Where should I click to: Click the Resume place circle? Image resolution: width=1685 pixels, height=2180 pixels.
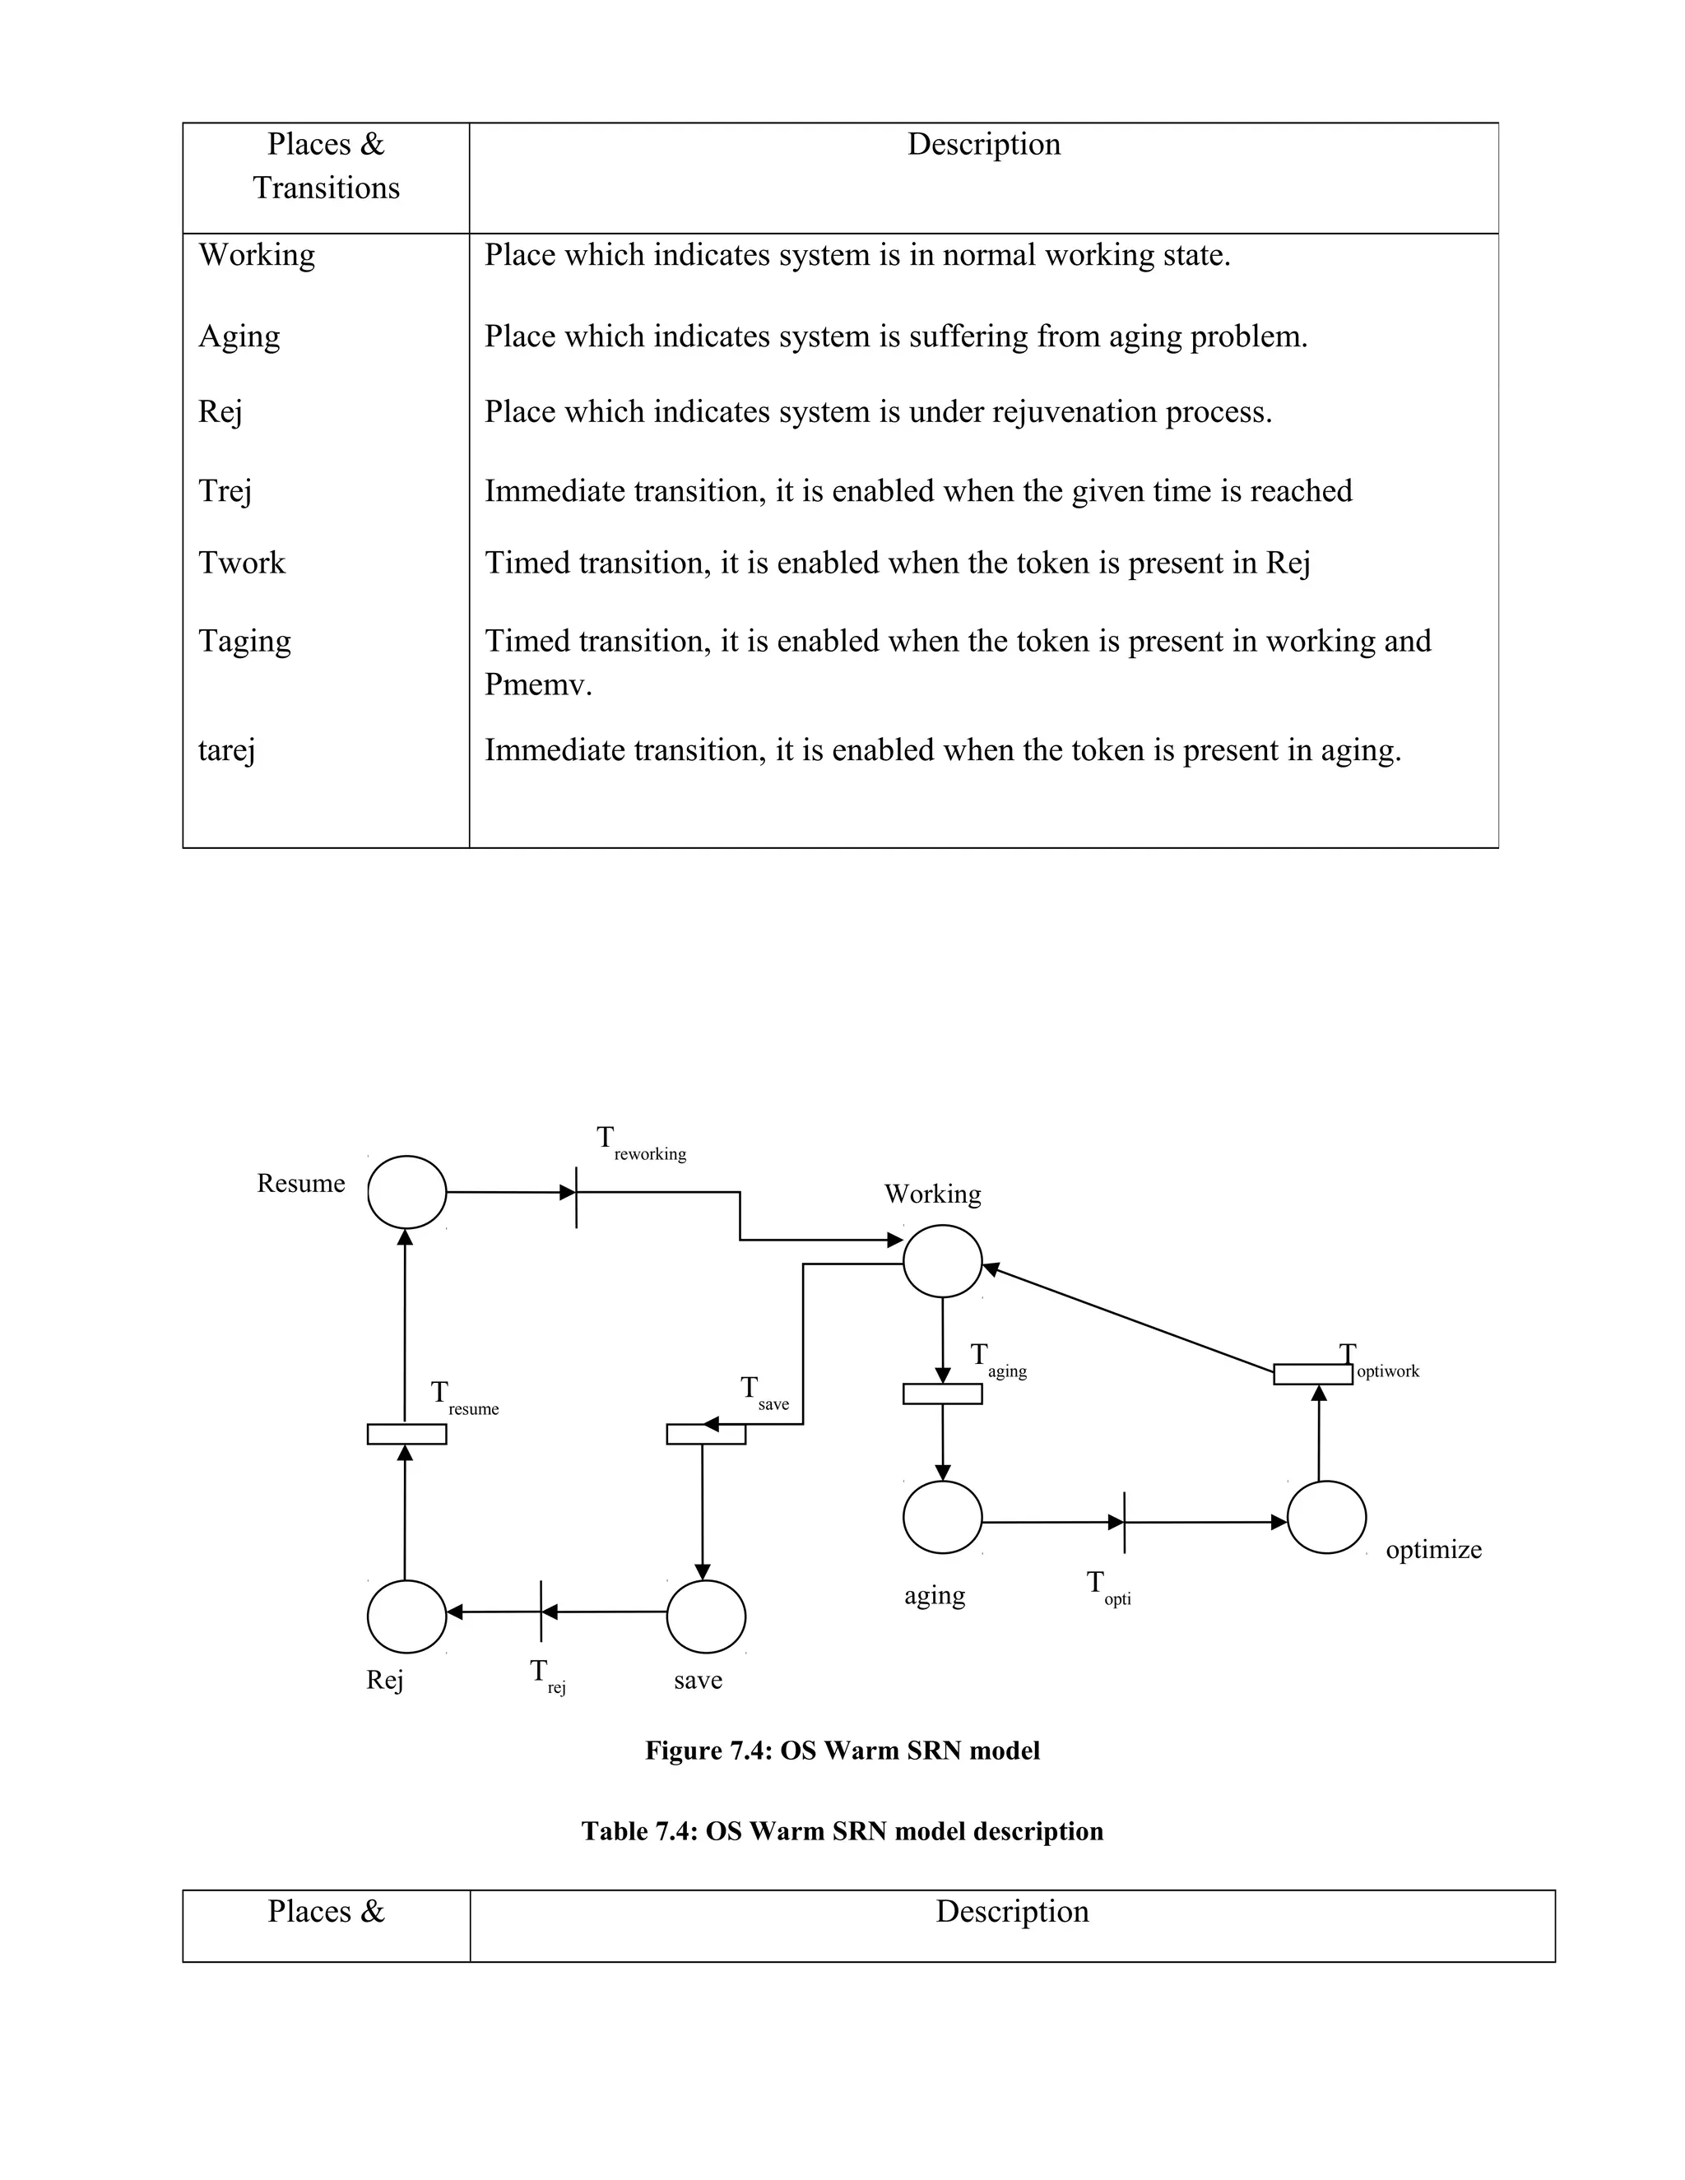pos(406,1192)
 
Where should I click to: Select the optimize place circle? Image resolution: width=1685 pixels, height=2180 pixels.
pos(1325,1517)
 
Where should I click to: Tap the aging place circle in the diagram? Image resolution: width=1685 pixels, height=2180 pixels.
pos(942,1517)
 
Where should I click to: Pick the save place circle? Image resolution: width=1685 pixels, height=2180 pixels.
pos(706,1616)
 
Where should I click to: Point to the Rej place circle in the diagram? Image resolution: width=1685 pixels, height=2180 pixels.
pos(406,1616)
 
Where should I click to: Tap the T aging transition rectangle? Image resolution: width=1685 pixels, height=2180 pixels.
pos(942,1394)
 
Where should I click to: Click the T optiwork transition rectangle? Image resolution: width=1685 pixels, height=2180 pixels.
pos(1312,1375)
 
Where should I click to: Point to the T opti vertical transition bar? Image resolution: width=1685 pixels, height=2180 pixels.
pos(1124,1522)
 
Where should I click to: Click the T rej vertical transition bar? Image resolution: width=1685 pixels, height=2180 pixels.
pos(541,1611)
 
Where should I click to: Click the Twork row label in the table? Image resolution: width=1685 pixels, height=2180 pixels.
pos(242,563)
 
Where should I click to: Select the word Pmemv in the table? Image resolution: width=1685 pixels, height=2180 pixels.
pos(538,684)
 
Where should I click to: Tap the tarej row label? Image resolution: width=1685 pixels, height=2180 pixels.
pos(226,749)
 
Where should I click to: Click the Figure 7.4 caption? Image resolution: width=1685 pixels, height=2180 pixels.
pos(842,1751)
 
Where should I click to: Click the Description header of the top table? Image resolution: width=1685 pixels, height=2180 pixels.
pos(983,145)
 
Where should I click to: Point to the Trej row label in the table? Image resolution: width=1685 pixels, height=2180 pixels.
pos(225,491)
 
